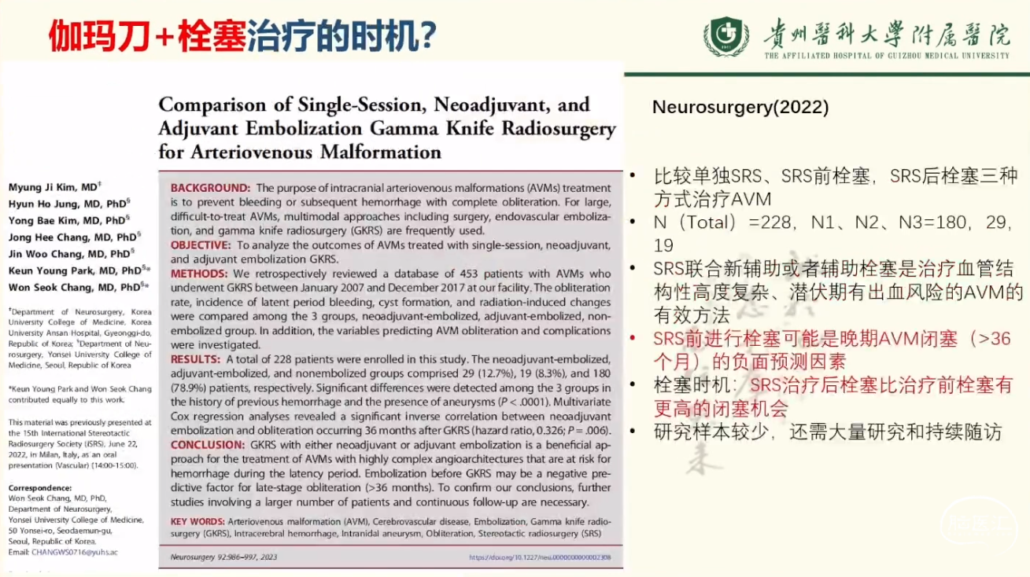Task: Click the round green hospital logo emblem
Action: [726, 36]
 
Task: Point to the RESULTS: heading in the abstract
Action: [197, 359]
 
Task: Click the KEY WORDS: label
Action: [197, 522]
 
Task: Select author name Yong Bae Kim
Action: [49, 220]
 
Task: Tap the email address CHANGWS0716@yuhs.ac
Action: [76, 553]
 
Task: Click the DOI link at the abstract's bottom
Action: [540, 557]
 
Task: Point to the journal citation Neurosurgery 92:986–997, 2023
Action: [223, 557]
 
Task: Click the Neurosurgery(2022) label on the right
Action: [740, 108]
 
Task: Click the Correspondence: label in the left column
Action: [39, 487]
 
